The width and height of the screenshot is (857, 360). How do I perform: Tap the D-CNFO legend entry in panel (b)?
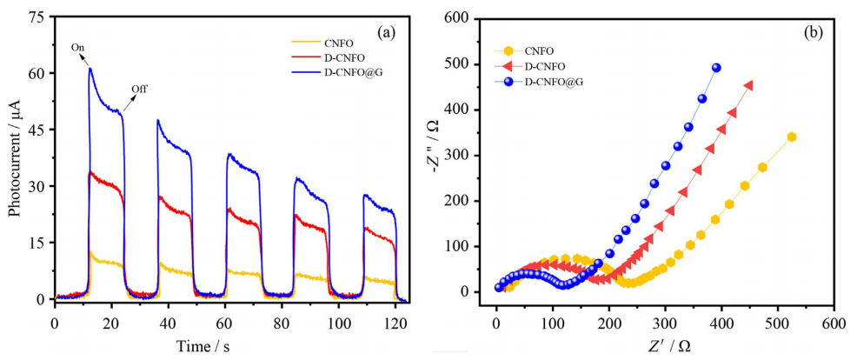(542, 65)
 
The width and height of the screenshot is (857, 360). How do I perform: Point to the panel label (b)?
(815, 33)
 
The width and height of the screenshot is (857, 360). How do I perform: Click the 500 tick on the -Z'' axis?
(470, 64)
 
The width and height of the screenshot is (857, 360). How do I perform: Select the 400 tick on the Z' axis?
(721, 323)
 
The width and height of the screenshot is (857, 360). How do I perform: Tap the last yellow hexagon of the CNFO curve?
(792, 137)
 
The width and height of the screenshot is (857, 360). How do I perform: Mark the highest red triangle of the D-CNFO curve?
(748, 85)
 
